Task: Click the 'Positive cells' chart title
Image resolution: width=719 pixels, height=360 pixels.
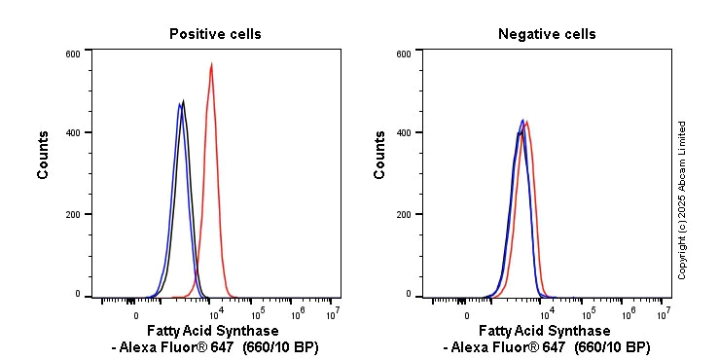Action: click(x=215, y=34)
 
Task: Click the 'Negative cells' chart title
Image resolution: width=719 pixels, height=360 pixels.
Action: click(x=547, y=34)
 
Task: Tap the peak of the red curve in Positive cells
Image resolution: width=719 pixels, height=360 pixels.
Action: click(x=211, y=65)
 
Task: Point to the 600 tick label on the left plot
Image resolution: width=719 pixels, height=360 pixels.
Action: click(x=73, y=54)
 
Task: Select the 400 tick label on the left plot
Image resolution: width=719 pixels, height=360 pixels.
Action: click(x=73, y=133)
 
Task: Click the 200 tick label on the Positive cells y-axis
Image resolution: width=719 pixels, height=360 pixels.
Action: click(x=73, y=214)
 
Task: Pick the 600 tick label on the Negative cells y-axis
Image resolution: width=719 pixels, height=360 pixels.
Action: click(x=404, y=54)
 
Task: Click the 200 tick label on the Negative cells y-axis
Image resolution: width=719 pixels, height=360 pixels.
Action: click(x=404, y=214)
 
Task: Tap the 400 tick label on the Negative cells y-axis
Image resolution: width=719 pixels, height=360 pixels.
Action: click(x=404, y=133)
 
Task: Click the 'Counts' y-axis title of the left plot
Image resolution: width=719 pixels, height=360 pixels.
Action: click(x=44, y=155)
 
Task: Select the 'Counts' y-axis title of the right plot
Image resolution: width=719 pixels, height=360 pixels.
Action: click(x=379, y=155)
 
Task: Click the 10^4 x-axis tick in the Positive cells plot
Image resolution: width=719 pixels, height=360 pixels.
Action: click(x=216, y=314)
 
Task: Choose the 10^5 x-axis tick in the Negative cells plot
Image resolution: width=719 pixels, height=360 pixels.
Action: click(x=587, y=314)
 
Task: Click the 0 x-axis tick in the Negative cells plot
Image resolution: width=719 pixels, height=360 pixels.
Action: click(x=466, y=315)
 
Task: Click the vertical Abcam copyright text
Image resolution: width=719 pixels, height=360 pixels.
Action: click(x=682, y=199)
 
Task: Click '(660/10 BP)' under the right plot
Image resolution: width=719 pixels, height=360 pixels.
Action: click(x=612, y=347)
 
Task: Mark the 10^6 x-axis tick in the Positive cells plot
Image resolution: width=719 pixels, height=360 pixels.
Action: click(x=296, y=314)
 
